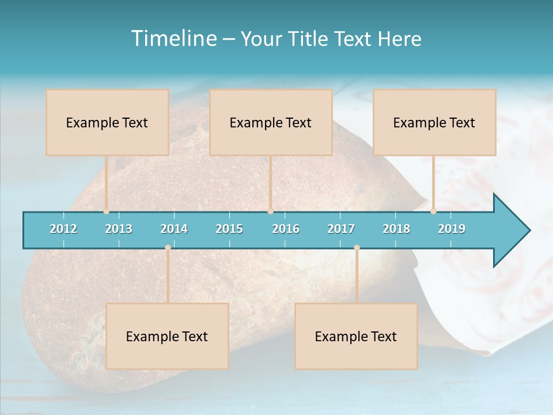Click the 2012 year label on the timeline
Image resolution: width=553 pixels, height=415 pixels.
click(63, 229)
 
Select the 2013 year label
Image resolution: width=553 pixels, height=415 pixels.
click(119, 229)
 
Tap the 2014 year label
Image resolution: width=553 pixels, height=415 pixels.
click(174, 229)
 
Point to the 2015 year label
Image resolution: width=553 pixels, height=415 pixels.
click(229, 229)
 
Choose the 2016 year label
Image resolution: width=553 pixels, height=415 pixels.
click(286, 229)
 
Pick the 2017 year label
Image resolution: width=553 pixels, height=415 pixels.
click(341, 229)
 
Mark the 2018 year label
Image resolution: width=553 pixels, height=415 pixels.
click(396, 229)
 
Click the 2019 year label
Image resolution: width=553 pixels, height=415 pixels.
click(452, 229)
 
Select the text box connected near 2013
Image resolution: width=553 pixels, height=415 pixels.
click(107, 122)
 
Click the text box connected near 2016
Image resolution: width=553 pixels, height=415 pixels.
click(271, 122)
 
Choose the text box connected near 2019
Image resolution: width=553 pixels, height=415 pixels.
click(434, 122)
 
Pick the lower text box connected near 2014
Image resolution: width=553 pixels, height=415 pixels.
click(167, 336)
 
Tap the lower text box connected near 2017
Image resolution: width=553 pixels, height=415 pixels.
click(356, 336)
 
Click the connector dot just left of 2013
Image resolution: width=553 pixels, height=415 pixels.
click(106, 211)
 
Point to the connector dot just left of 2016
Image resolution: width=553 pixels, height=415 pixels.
click(270, 211)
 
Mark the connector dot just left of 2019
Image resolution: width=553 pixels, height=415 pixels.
click(433, 211)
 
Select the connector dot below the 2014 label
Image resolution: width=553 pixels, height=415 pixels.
click(168, 248)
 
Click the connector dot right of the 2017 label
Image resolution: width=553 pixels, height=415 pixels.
click(357, 248)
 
